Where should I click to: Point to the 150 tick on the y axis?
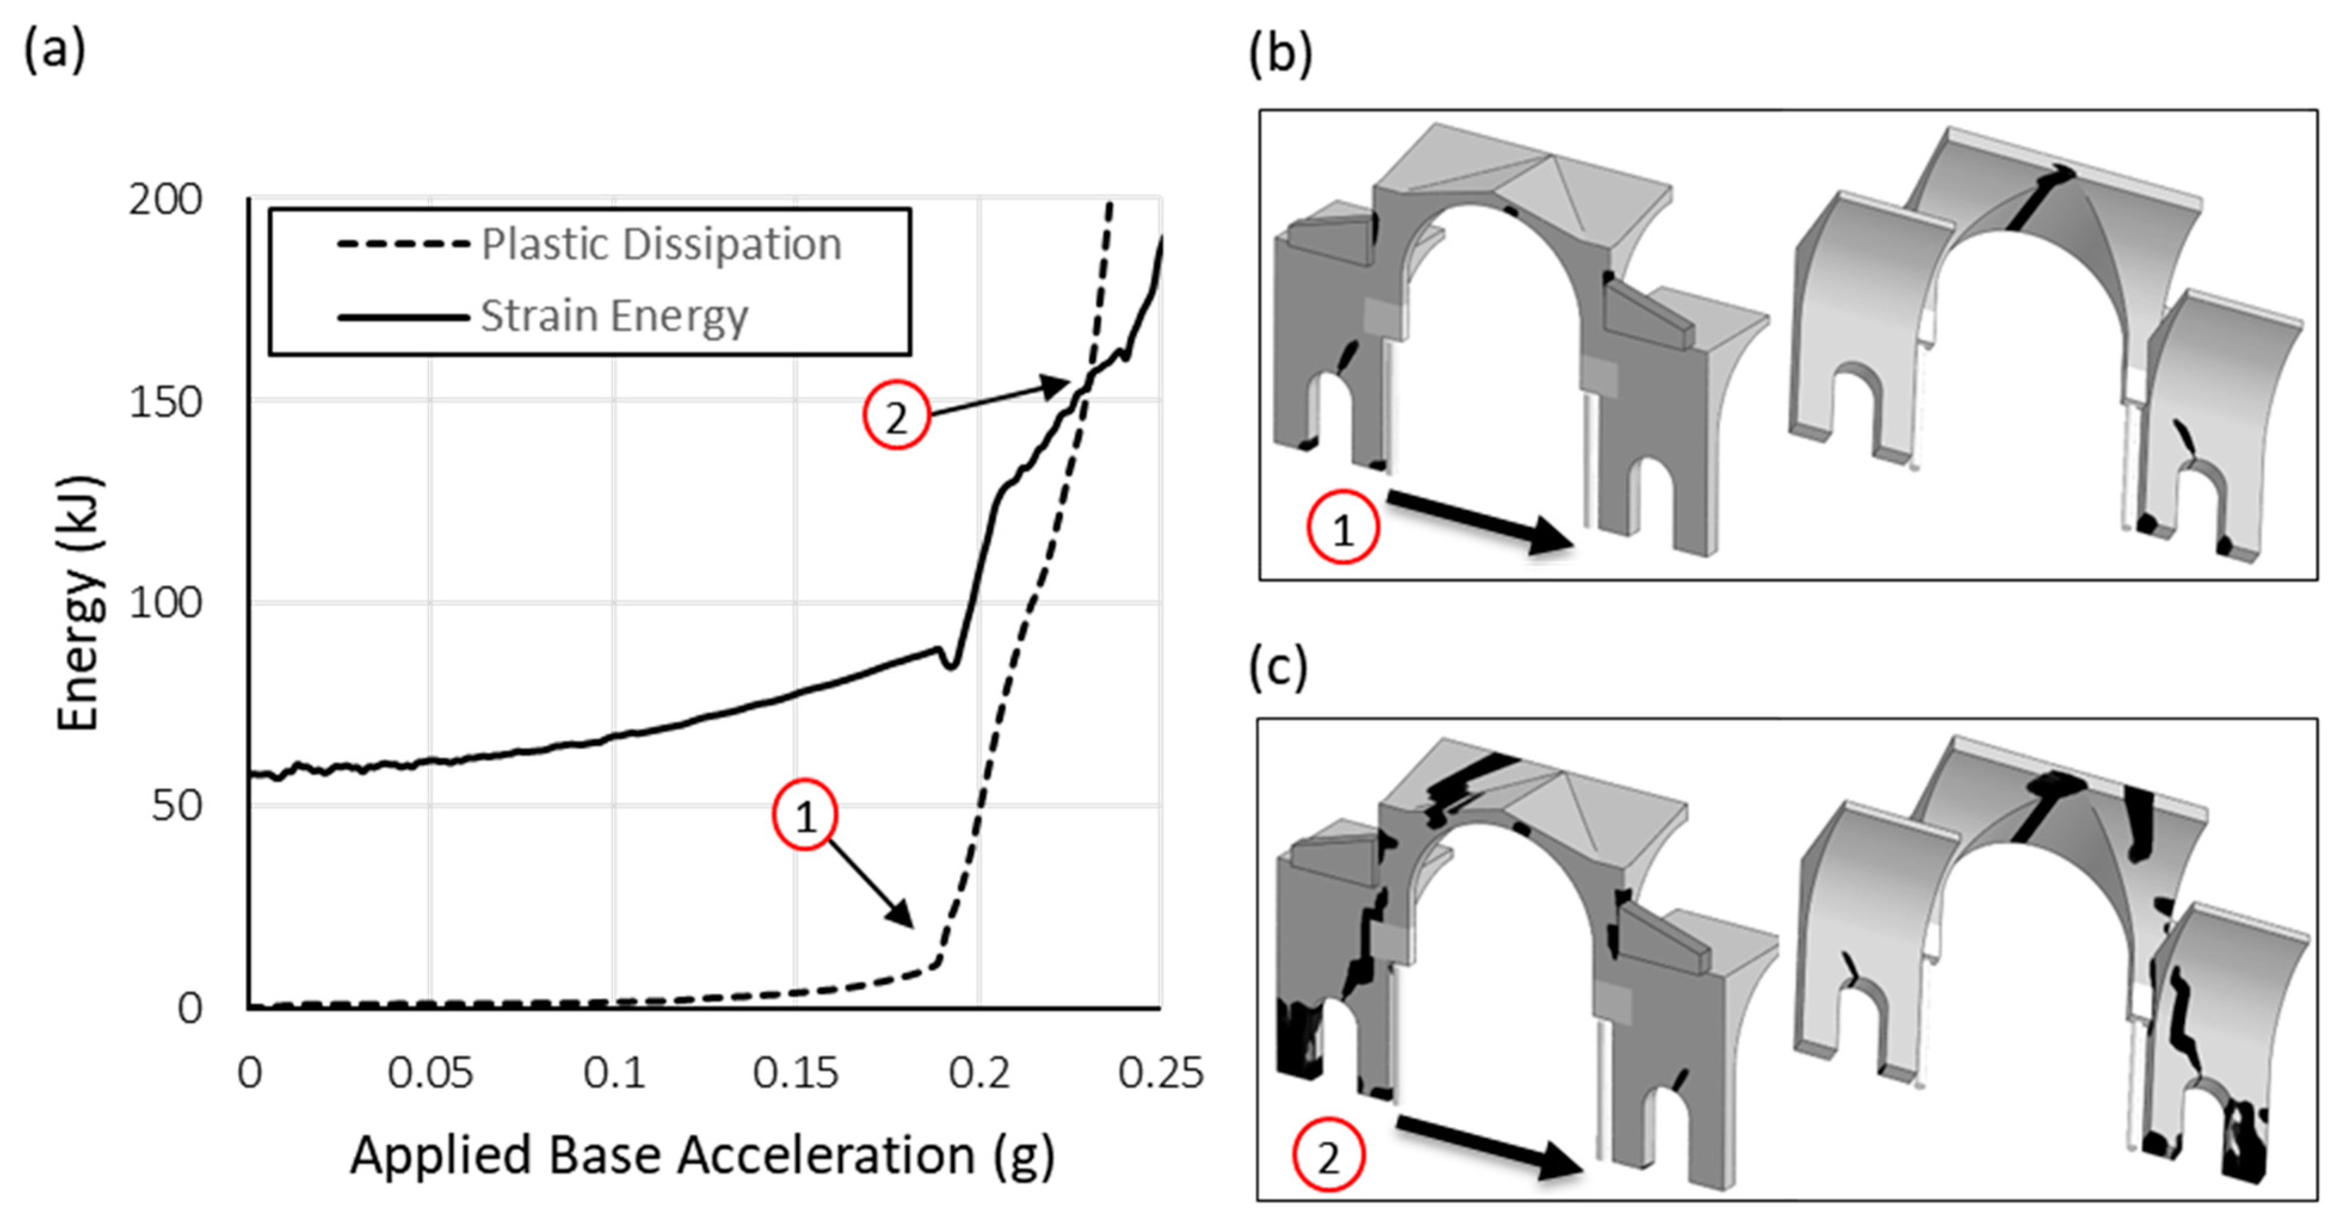(x=165, y=402)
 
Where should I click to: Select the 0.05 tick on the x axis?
(x=430, y=1073)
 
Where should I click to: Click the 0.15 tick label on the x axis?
(x=795, y=1073)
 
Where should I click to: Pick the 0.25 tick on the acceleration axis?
(x=1160, y=1073)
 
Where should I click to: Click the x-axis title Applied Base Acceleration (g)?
(x=702, y=1156)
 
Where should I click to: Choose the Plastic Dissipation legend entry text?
(x=661, y=244)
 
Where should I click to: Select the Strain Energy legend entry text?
(x=614, y=316)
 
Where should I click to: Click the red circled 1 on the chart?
(x=805, y=814)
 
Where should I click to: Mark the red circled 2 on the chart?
(x=896, y=416)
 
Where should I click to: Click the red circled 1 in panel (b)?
(x=1343, y=527)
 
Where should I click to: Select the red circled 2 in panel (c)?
(x=1328, y=1157)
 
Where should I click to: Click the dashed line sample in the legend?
(x=403, y=244)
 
